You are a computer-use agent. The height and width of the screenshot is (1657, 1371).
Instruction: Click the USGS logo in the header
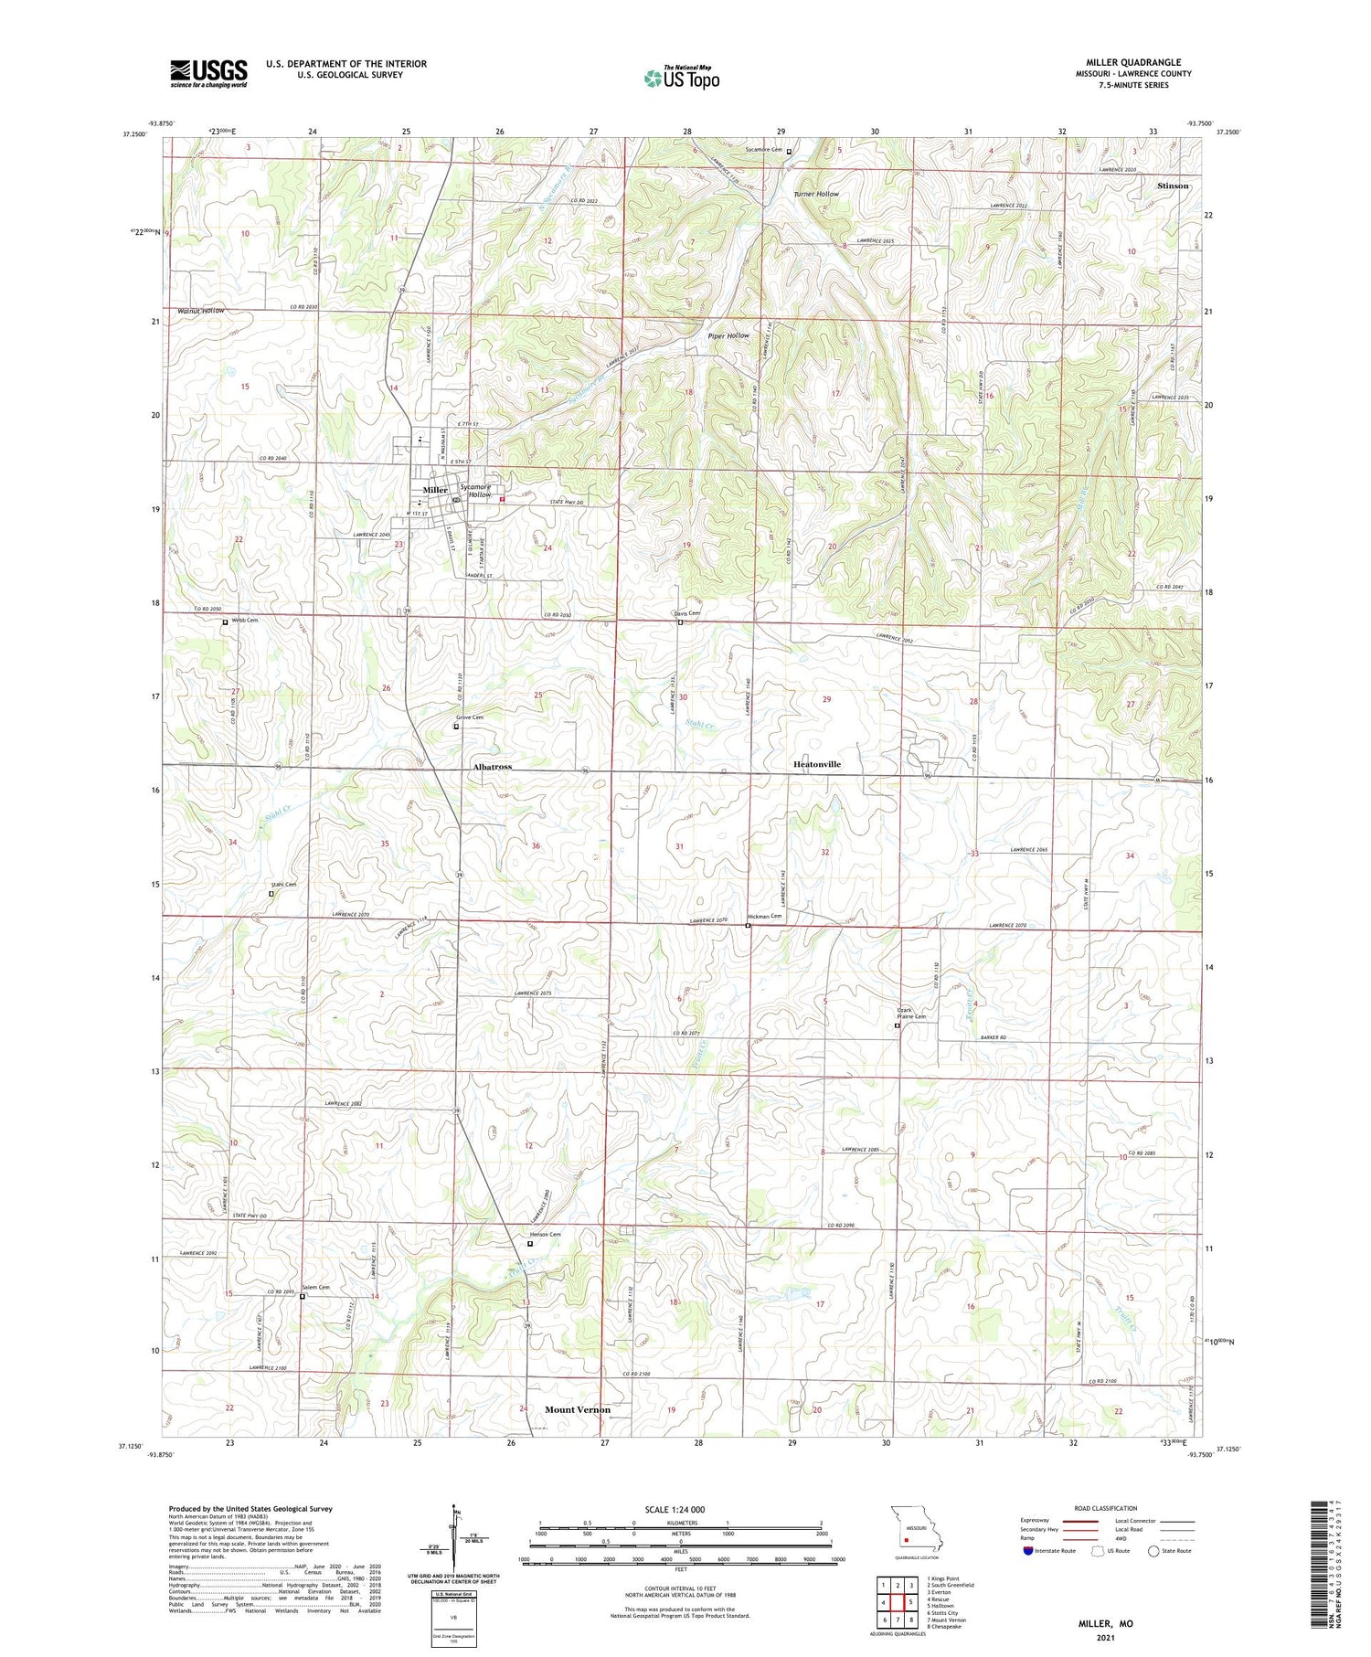tap(208, 73)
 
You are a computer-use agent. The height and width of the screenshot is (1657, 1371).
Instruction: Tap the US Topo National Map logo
tap(682, 78)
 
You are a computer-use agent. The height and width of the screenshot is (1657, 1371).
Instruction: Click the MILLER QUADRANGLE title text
tap(1133, 63)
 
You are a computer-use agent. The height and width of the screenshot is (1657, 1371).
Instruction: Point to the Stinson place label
tap(1173, 186)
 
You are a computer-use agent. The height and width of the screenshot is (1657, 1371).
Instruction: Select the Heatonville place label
tap(816, 764)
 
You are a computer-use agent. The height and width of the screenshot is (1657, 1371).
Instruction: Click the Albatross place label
tap(492, 767)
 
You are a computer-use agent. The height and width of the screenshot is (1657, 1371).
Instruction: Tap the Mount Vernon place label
tap(578, 1409)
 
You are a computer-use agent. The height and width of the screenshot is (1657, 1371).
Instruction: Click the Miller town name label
tap(435, 490)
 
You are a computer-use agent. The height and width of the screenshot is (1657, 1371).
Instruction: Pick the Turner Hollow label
tap(815, 195)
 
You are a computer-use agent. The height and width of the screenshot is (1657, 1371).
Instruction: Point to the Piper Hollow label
tap(728, 335)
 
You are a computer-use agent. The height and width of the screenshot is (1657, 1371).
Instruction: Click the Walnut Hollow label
tap(195, 311)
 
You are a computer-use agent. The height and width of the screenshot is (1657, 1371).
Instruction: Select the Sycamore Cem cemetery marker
tap(789, 151)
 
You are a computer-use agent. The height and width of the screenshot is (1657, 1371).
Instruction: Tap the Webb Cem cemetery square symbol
tap(225, 622)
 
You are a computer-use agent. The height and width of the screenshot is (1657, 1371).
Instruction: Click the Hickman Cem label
tap(765, 916)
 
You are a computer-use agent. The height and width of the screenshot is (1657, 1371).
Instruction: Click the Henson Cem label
tap(546, 1235)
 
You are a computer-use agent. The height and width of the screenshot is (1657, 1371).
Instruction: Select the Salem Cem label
tap(316, 1287)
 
